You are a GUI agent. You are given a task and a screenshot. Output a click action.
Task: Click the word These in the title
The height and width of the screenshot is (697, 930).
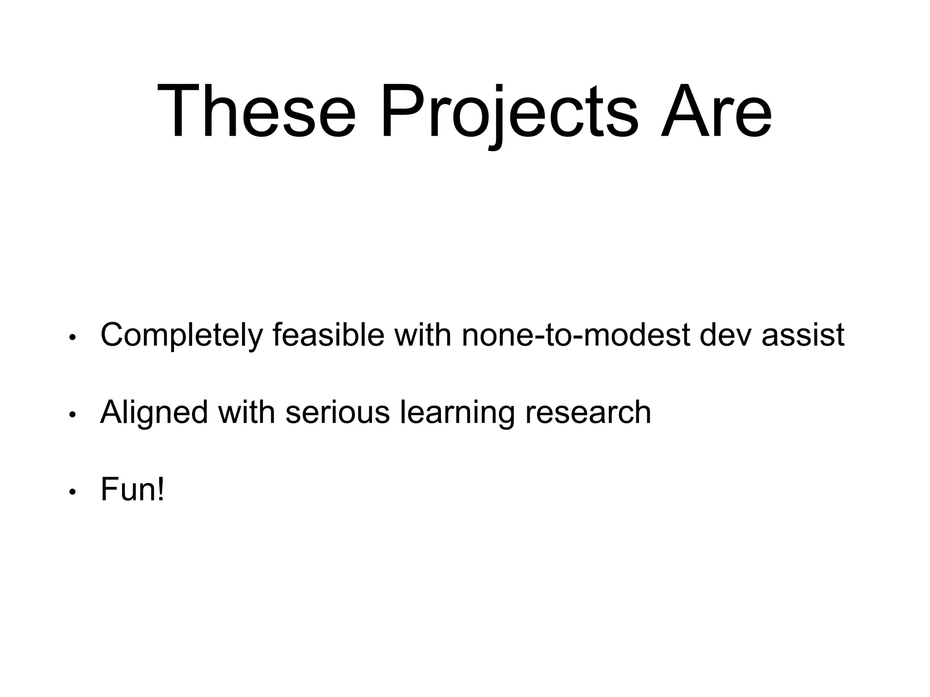point(256,111)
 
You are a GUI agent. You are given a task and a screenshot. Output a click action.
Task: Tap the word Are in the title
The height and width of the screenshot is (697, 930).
point(716,111)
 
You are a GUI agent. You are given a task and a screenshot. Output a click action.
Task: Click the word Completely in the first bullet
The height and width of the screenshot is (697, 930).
point(181,336)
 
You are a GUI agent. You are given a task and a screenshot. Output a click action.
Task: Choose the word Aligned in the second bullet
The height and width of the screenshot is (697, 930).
point(154,413)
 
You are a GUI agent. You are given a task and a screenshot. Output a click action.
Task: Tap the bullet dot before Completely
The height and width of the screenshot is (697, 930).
point(72,338)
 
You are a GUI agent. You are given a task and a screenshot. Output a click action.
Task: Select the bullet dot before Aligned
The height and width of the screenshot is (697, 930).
point(72,415)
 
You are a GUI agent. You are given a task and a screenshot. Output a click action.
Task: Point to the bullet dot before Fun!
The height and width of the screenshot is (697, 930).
point(72,492)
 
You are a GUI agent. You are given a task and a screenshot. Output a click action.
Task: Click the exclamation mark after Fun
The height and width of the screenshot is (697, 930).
point(160,489)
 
